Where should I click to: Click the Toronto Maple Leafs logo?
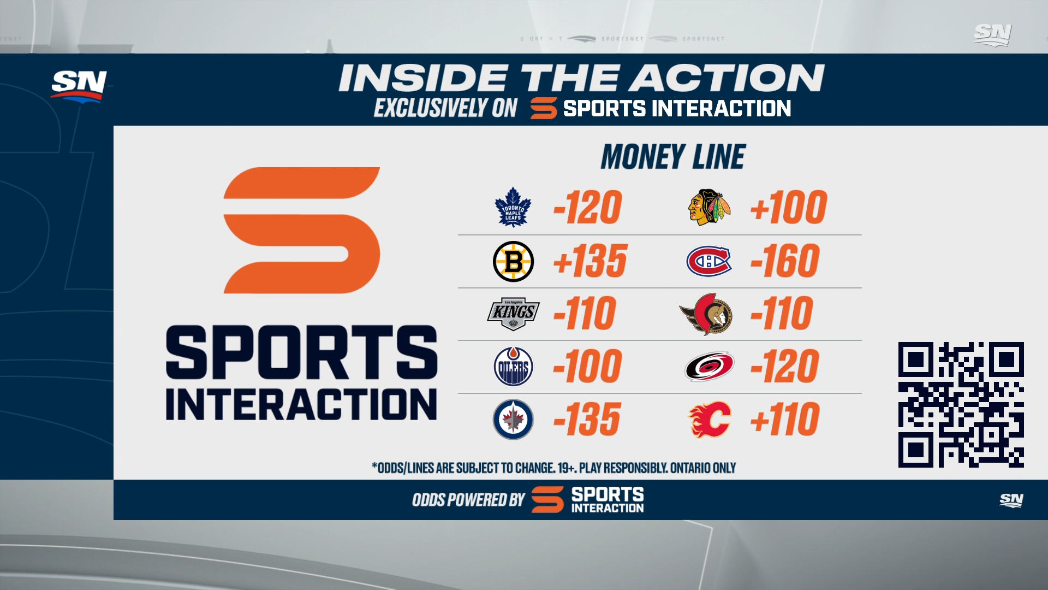pyautogui.click(x=513, y=207)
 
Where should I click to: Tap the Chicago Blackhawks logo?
pyautogui.click(x=709, y=208)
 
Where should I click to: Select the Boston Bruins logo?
pyautogui.click(x=513, y=261)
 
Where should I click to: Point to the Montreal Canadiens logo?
pyautogui.click(x=709, y=261)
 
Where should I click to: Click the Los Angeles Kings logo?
pyautogui.click(x=513, y=314)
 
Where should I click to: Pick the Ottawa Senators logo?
pyautogui.click(x=706, y=314)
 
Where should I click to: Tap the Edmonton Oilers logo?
pyautogui.click(x=513, y=367)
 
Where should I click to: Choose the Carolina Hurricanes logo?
pyautogui.click(x=709, y=367)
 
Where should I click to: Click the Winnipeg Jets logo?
pyautogui.click(x=513, y=420)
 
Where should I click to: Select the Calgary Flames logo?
pyautogui.click(x=709, y=420)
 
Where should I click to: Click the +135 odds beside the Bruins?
pyautogui.click(x=591, y=261)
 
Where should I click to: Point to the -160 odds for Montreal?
pyautogui.click(x=785, y=261)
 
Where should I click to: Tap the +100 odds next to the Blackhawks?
pyautogui.click(x=789, y=208)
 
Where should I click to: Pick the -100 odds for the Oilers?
pyautogui.click(x=587, y=367)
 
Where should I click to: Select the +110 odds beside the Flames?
pyautogui.click(x=785, y=420)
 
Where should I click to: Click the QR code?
pyautogui.click(x=961, y=405)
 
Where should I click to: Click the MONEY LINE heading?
pyautogui.click(x=673, y=157)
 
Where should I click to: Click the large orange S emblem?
pyautogui.click(x=301, y=230)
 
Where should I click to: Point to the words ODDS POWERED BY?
pyautogui.click(x=468, y=500)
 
